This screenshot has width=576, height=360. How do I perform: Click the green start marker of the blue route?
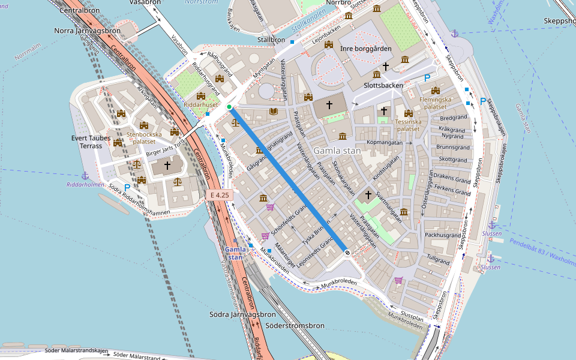[x=229, y=107]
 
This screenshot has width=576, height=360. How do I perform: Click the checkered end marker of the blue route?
[x=347, y=253]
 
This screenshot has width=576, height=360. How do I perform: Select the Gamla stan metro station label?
[x=235, y=253]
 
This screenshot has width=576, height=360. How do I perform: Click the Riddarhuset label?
[x=200, y=104]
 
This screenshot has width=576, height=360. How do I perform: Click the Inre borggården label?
[x=365, y=49]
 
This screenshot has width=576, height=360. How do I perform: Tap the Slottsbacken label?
[x=379, y=85]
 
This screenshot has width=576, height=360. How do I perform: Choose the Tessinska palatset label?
[x=408, y=125]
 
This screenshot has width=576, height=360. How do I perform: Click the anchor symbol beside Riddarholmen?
[x=85, y=175]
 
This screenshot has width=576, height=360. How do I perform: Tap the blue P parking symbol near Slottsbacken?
[x=427, y=78]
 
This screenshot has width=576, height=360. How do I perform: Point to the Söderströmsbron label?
[x=294, y=326]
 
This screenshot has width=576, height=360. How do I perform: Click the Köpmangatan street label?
[x=384, y=143]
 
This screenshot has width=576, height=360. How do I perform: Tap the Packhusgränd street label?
[x=443, y=235]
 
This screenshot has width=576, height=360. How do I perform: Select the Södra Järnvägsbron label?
[x=242, y=314]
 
